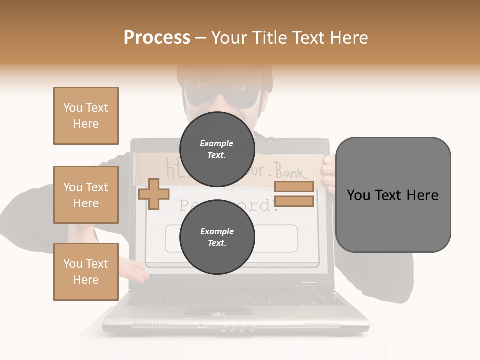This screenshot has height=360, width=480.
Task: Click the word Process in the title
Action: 157,37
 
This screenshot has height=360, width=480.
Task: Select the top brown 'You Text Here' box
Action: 86,116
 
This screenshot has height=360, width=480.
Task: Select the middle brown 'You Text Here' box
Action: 86,195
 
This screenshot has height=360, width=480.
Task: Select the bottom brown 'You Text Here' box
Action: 86,271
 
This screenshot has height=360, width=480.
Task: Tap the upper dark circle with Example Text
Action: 217,149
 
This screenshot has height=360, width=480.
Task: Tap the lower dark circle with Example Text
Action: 217,237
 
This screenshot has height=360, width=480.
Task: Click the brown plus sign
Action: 153,194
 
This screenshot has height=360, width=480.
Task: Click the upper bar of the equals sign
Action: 294,187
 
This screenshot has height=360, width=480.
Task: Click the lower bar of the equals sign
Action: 294,201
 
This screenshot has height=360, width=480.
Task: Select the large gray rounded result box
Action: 393,195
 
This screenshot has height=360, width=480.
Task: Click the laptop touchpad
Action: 218,311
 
